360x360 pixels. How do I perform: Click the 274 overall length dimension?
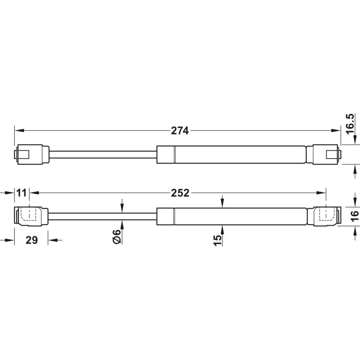pyautogui.click(x=180, y=130)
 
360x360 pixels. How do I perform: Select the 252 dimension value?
pyautogui.click(x=180, y=193)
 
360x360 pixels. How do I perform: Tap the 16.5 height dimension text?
pyautogui.click(x=351, y=124)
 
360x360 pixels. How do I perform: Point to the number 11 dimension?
pyautogui.click(x=22, y=193)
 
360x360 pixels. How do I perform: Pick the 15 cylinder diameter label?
pyautogui.click(x=218, y=240)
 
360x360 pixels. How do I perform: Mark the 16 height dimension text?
pyautogui.click(x=355, y=216)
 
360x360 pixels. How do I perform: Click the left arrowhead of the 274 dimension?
pyautogui.click(x=19, y=130)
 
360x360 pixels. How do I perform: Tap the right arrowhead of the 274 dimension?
pyautogui.click(x=335, y=130)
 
